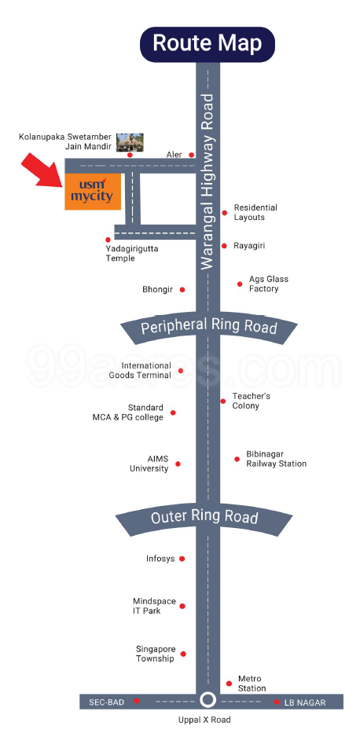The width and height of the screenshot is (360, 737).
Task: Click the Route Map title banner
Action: tap(207, 44)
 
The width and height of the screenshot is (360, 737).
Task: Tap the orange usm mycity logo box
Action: tap(93, 191)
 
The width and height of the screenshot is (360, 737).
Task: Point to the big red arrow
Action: tap(42, 170)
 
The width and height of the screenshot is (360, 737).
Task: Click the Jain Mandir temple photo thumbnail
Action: tap(130, 142)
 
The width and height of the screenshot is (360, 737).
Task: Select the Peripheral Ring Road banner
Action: tap(208, 328)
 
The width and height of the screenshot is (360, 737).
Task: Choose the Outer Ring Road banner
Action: tap(204, 518)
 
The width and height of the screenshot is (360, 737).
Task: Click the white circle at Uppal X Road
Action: tap(207, 700)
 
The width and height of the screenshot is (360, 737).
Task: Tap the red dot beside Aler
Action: tap(191, 155)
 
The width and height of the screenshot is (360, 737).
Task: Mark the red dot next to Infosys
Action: tap(182, 559)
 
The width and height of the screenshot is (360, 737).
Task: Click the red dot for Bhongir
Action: tap(182, 289)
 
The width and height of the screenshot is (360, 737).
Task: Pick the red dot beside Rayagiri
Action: tap(224, 246)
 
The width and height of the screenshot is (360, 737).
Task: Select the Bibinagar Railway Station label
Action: tap(277, 459)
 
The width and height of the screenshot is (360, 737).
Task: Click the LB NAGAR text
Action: tap(305, 702)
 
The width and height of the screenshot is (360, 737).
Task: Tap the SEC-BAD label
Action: tap(107, 702)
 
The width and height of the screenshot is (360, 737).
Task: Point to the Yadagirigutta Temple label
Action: tap(132, 254)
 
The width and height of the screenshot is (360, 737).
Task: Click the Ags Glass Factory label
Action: tap(269, 284)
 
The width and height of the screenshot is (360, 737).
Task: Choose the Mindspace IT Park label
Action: tap(154, 606)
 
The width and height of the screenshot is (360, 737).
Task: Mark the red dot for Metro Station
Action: tap(229, 684)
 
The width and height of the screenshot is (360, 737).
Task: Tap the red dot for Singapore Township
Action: tap(183, 654)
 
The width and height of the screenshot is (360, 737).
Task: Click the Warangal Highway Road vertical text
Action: tap(208, 181)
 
